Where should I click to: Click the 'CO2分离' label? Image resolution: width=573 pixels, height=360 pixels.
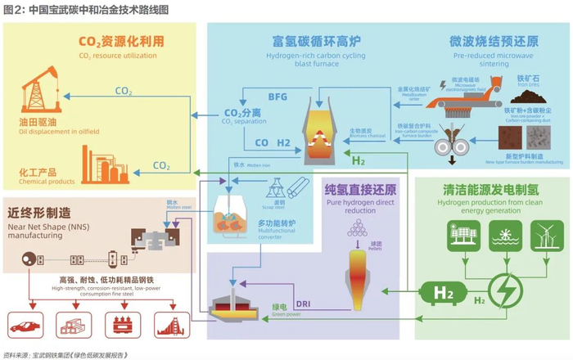coord(241,113)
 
